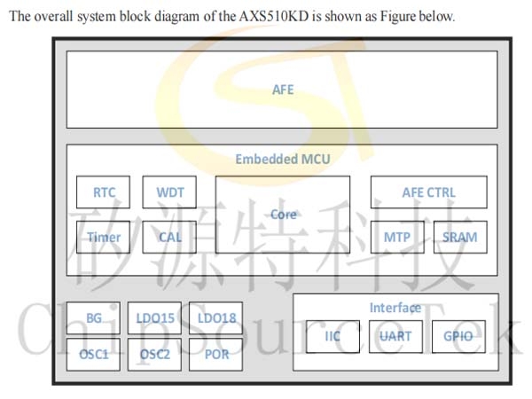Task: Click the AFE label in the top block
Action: [x=282, y=90]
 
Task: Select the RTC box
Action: [x=104, y=192]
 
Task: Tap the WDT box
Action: [x=169, y=192]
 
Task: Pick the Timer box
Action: [x=104, y=237]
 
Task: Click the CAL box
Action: [x=169, y=237]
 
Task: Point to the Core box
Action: [x=283, y=214]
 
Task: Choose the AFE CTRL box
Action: [x=428, y=192]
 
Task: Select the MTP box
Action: [x=396, y=237]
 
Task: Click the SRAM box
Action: [x=460, y=237]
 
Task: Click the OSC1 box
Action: [x=93, y=354]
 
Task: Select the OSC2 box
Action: [x=154, y=354]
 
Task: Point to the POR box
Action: [x=216, y=354]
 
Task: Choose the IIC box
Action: [x=332, y=337]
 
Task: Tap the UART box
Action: [x=395, y=337]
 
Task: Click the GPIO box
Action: [x=459, y=337]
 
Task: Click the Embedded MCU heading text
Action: [x=282, y=160]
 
